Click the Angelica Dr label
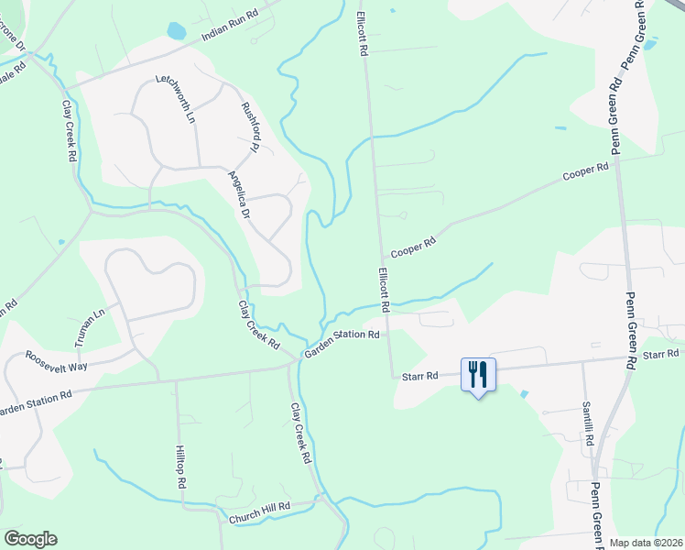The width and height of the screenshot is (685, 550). [x=239, y=194]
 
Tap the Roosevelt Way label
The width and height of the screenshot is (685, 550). [x=56, y=360]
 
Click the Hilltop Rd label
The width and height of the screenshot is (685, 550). [x=181, y=469]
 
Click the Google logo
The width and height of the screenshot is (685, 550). [x=30, y=538]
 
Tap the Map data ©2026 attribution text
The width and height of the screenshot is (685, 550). [x=647, y=543]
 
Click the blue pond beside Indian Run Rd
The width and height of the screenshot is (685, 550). [x=176, y=31]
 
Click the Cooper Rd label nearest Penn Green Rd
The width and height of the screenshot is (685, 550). [x=585, y=171]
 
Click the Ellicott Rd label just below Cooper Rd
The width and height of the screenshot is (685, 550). [x=384, y=291]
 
